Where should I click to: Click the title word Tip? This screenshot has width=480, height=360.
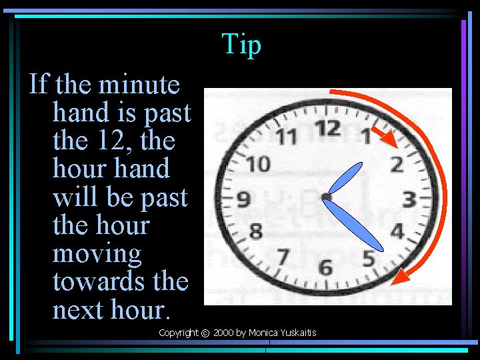pyautogui.click(x=241, y=45)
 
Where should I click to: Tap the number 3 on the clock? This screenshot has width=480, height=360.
pyautogui.click(x=409, y=199)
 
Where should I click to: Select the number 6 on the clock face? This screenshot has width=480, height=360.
pyautogui.click(x=325, y=267)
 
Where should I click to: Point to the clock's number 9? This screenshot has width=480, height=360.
pyautogui.click(x=243, y=199)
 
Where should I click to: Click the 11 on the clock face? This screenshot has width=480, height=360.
pyautogui.click(x=287, y=137)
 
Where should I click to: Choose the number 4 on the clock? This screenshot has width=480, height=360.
pyautogui.click(x=397, y=231)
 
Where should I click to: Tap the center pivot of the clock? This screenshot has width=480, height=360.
pyautogui.click(x=326, y=197)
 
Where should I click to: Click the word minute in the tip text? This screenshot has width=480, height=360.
pyautogui.click(x=139, y=85)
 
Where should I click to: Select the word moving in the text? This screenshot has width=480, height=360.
pyautogui.click(x=97, y=254)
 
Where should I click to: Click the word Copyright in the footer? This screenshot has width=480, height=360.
pyautogui.click(x=178, y=333)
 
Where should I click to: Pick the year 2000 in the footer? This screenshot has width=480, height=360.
pyautogui.click(x=223, y=333)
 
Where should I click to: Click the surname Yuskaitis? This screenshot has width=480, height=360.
pyautogui.click(x=294, y=333)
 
